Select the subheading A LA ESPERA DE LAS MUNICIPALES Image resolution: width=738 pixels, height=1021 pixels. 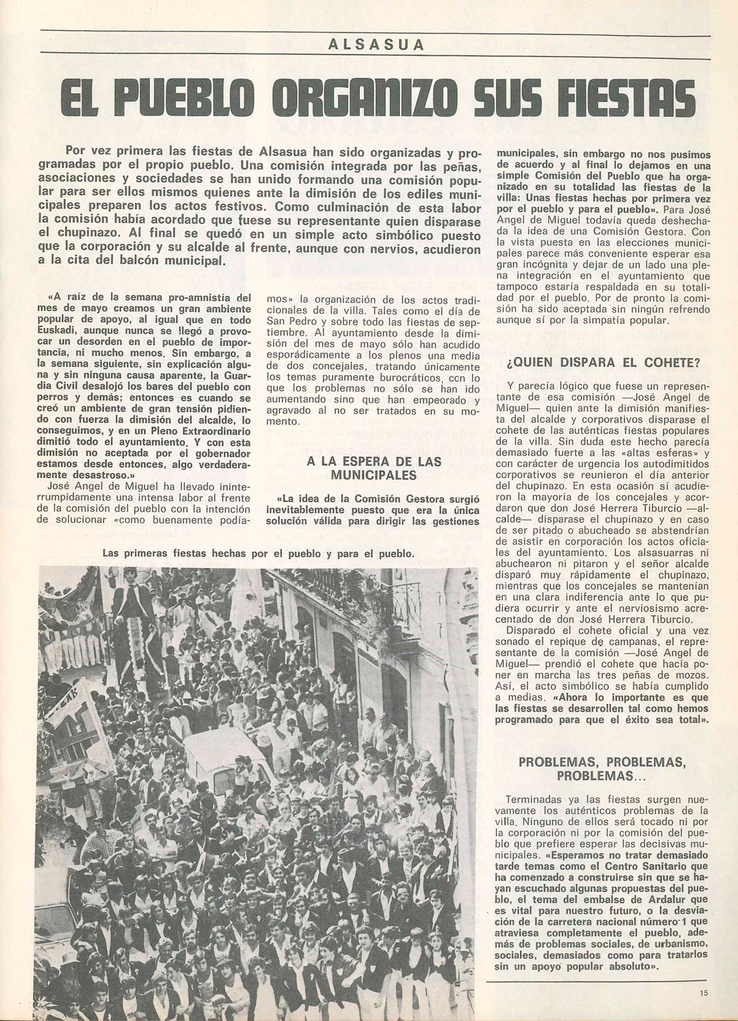(374, 468)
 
